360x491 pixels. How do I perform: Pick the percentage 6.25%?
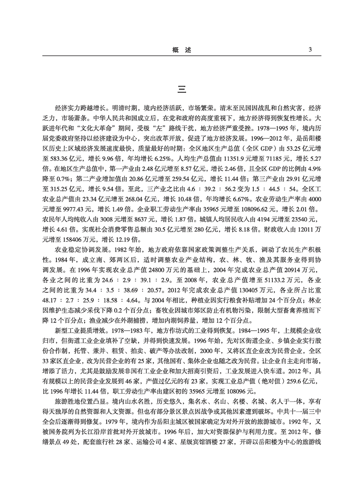pyautogui.click(x=152, y=159)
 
